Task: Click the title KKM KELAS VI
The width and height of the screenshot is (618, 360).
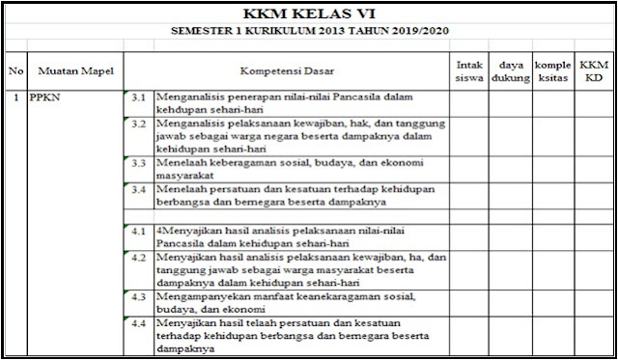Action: tap(308, 14)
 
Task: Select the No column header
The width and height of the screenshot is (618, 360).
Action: tap(16, 70)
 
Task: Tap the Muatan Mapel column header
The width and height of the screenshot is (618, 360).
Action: tap(72, 70)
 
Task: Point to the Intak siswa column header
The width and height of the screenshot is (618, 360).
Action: tap(468, 70)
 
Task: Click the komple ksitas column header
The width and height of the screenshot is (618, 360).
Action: tap(552, 70)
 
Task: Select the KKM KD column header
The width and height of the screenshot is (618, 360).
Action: tap(590, 70)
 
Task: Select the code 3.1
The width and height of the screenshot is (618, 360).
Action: tap(138, 98)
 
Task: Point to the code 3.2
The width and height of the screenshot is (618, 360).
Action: tap(138, 125)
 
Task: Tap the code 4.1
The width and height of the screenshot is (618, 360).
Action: tap(138, 232)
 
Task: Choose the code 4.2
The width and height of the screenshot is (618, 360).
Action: tap(138, 259)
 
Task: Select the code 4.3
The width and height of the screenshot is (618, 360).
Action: tap(138, 298)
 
